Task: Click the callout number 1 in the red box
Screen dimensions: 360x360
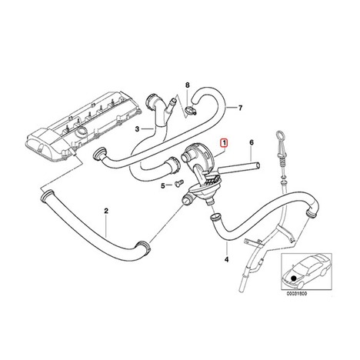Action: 224,142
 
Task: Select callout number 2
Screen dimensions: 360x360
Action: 106,211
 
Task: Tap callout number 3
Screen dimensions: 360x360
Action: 138,128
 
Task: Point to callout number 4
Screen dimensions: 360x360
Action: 226,260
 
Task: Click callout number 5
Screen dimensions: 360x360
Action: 163,185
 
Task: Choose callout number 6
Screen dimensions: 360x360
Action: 252,142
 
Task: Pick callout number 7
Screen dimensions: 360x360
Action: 240,108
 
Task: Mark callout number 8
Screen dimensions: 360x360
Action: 188,85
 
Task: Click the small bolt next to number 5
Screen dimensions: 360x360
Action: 178,183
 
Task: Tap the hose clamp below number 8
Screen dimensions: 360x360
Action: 191,111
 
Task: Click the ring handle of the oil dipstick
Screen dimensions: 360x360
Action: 279,135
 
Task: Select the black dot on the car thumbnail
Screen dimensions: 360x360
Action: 294,278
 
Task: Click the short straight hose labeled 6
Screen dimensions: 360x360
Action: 239,168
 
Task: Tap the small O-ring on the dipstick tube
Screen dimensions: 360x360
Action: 282,178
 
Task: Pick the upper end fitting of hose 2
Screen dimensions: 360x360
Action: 47,195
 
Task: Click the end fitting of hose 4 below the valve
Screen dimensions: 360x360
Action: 214,217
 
